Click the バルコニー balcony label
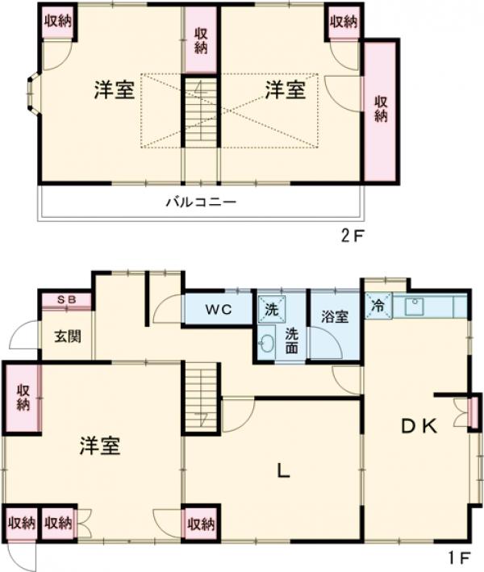[201, 202]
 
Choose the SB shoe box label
[66, 300]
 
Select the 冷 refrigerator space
[378, 305]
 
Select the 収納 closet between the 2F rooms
[201, 40]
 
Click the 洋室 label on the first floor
[100, 445]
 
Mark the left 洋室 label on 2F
[113, 90]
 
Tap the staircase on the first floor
[201, 396]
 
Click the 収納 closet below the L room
[201, 524]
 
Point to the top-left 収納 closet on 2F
[57, 21]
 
